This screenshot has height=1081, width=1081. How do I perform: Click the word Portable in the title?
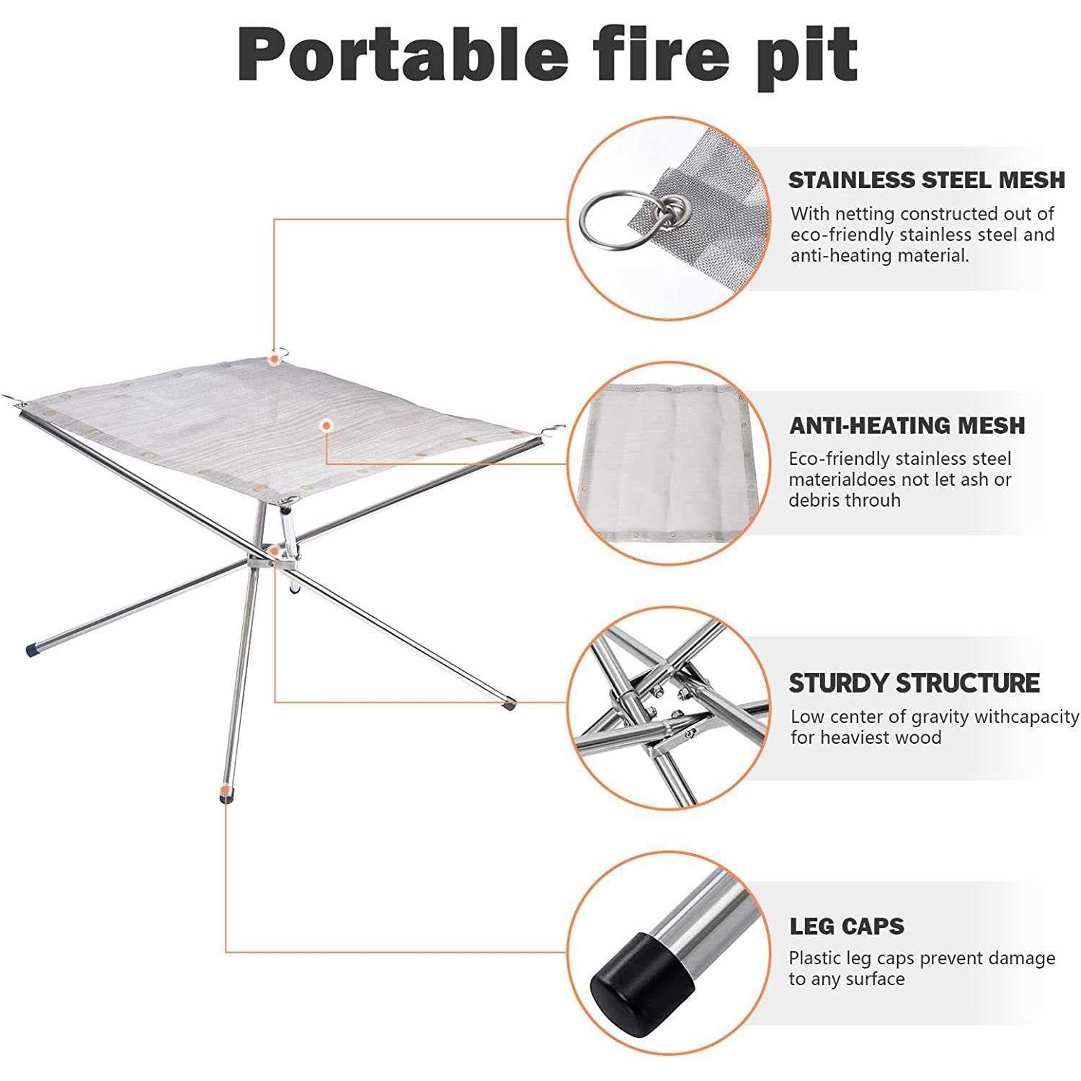402,56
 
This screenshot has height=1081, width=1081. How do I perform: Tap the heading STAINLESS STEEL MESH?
926,180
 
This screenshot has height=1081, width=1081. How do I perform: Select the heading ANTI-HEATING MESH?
907,425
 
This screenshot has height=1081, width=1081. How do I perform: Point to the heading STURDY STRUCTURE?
914,682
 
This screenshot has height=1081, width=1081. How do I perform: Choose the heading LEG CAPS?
847,926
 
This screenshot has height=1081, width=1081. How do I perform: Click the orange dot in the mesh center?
326,426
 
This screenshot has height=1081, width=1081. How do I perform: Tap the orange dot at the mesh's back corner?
275,357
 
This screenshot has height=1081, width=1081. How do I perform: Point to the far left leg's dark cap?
32,650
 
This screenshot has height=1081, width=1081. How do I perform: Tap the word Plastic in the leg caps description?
815,958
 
